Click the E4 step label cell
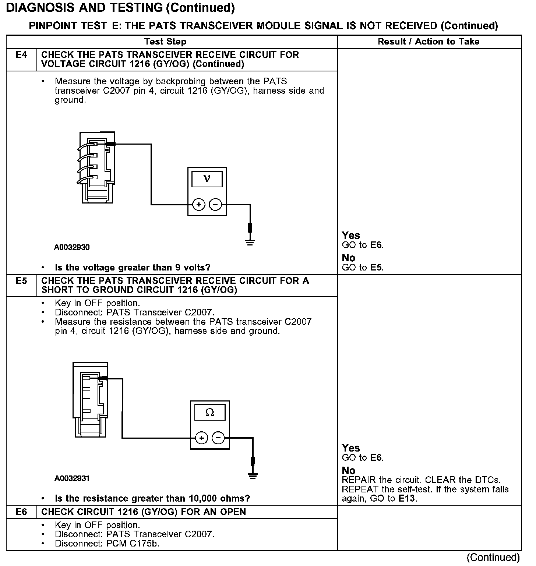[21, 55]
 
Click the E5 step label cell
[21, 281]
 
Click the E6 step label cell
[21, 512]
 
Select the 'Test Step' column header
[165, 42]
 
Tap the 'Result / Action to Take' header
[429, 42]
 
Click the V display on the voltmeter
[207, 179]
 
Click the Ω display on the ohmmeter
[210, 413]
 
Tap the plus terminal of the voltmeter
[199, 204]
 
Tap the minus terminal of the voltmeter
[216, 204]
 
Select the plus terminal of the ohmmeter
[201, 438]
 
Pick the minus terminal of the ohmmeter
[218, 438]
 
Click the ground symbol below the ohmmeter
[253, 475]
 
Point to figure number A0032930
[72, 247]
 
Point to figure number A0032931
[72, 478]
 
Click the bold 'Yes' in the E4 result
[350, 236]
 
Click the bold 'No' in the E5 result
[348, 471]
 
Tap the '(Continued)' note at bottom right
[493, 558]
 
